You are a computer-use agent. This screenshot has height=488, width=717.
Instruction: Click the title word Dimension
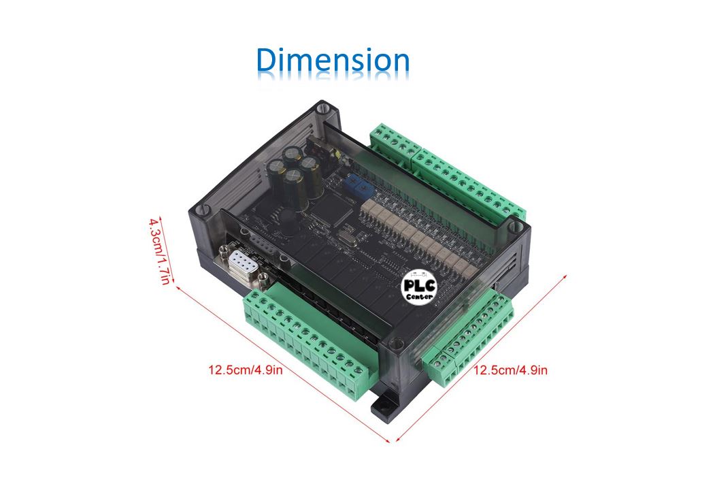(x=333, y=61)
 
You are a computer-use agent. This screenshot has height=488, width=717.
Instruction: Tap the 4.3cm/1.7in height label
(x=161, y=251)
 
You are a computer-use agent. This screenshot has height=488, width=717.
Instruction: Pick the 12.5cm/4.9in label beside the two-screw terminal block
(x=510, y=371)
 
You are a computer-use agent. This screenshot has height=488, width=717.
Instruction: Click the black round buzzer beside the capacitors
(x=284, y=219)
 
